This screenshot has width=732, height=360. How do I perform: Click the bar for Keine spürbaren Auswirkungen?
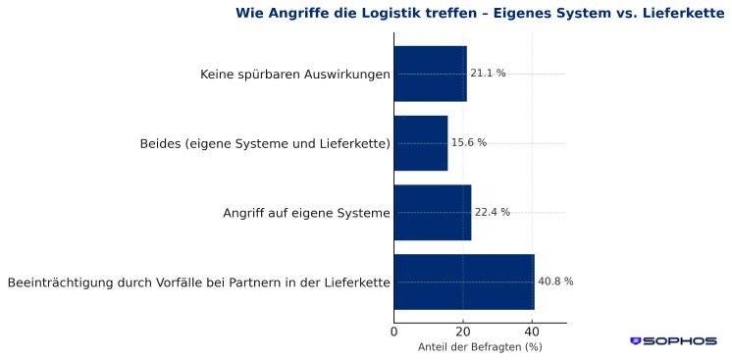tap(430, 74)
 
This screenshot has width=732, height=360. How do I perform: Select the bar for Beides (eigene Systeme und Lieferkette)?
tap(420, 143)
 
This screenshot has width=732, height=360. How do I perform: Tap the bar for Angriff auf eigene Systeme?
tap(432, 212)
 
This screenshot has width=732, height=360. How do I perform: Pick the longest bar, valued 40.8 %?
tap(464, 282)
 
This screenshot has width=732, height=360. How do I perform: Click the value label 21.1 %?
tap(488, 74)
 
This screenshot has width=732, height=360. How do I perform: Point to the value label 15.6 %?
tap(468, 143)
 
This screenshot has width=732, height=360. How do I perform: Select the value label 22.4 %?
tap(492, 212)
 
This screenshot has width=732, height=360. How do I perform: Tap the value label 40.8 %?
tap(555, 282)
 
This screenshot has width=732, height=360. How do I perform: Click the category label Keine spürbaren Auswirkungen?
tap(294, 75)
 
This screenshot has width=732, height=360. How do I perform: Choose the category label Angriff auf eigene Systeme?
tap(306, 213)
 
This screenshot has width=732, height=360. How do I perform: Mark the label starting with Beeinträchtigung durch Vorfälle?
tap(198, 283)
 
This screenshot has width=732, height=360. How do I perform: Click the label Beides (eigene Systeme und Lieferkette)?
tap(265, 144)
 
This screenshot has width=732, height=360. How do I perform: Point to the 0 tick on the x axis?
tap(394, 332)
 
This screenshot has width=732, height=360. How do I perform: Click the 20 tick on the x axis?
tap(463, 332)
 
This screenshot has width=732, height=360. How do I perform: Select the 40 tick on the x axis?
tap(532, 332)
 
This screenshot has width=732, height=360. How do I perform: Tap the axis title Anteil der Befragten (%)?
tap(480, 347)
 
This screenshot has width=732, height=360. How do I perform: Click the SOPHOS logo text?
tap(679, 341)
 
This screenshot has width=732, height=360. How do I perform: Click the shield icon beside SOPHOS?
tap(636, 341)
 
